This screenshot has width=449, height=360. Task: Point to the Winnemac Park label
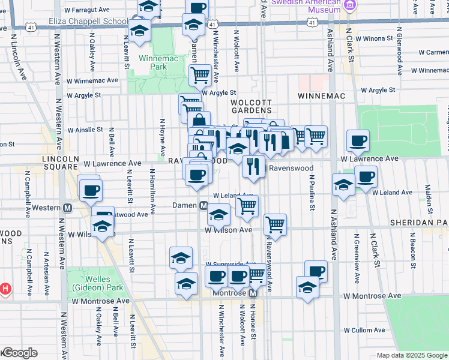[152, 63]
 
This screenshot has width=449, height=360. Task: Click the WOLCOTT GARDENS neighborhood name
[252, 106]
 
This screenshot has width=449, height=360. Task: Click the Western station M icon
[68, 208]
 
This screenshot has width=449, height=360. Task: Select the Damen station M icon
[203, 206]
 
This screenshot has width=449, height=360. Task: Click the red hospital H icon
[5, 289]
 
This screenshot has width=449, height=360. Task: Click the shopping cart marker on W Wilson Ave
[275, 224]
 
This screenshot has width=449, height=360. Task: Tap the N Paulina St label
[312, 193]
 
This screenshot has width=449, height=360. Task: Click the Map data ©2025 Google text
[412, 355]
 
